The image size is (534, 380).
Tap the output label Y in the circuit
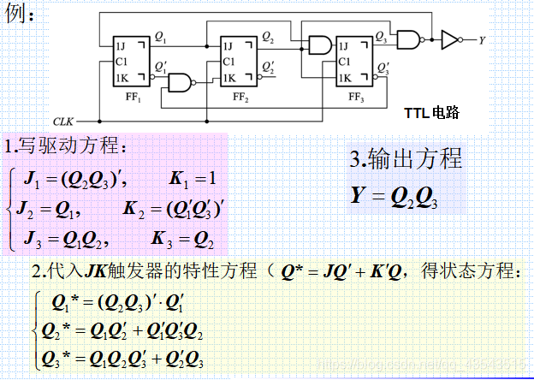pyautogui.click(x=482, y=39)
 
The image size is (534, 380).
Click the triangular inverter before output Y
pyautogui.click(x=449, y=39)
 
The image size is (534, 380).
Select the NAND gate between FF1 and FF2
pyautogui.click(x=181, y=82)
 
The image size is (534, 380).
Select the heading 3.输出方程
pyautogui.click(x=406, y=158)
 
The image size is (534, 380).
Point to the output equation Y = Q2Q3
pyautogui.click(x=395, y=196)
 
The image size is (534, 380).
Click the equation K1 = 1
pyautogui.click(x=194, y=180)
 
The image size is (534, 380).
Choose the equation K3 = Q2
pyautogui.click(x=183, y=237)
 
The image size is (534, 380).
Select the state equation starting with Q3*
pyautogui.click(x=128, y=359)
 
